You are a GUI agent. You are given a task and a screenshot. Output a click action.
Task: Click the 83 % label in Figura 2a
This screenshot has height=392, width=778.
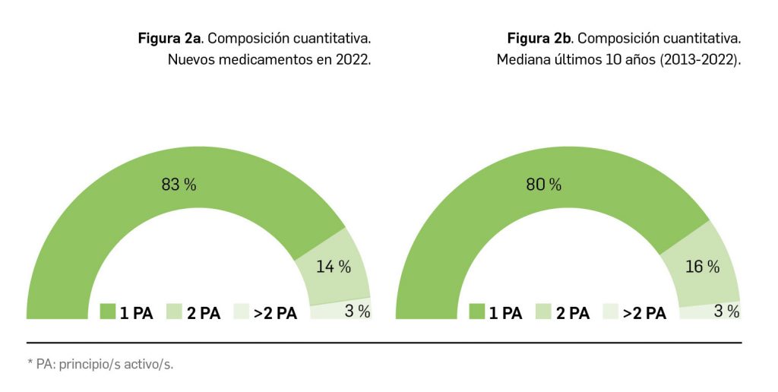[x=179, y=184]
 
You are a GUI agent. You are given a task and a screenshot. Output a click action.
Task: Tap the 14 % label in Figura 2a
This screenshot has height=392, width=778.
[x=334, y=267]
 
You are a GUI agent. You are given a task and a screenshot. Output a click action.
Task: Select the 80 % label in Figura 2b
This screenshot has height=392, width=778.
[x=544, y=184]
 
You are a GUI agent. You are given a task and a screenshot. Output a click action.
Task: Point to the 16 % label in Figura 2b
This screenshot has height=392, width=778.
[x=702, y=267]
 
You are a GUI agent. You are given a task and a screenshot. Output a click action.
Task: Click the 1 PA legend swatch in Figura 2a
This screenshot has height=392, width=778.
[x=106, y=312]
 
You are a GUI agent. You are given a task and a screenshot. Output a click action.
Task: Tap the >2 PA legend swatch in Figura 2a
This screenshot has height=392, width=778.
[x=240, y=312]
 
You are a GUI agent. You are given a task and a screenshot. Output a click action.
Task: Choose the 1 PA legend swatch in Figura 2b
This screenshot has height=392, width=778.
[x=477, y=312]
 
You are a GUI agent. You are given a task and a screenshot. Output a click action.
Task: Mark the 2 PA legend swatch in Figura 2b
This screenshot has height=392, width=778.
[x=543, y=312]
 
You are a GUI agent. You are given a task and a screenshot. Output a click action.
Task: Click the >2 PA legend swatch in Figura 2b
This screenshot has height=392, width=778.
[x=610, y=312]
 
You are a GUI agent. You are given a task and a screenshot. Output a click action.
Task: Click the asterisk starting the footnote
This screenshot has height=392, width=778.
[x=29, y=363]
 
